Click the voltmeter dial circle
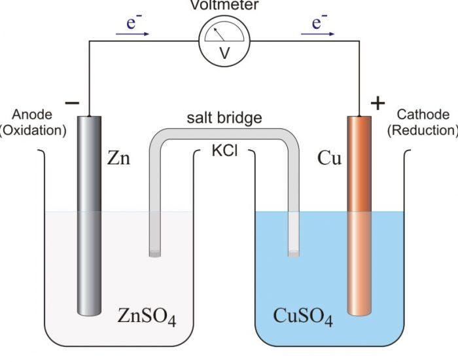coord(224,41)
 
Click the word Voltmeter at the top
coord(224,5)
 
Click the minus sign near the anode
coord(73,103)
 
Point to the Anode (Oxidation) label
coord(33,122)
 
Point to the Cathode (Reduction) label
coord(423,122)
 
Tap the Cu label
coord(329,158)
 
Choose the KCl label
coord(224,151)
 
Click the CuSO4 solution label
coord(302,317)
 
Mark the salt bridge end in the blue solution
coord(294,251)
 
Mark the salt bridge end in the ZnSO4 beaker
coord(155,251)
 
